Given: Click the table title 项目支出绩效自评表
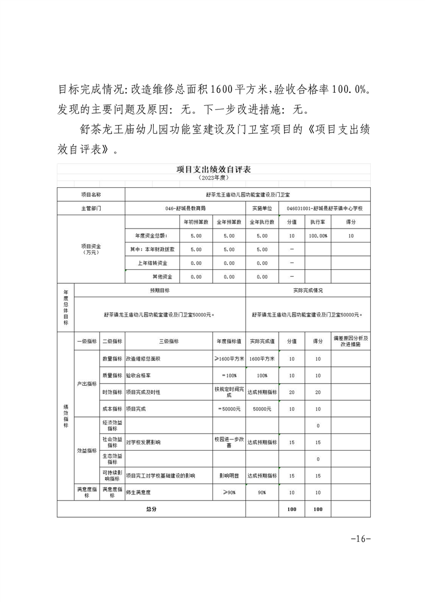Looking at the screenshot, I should click(x=213, y=169).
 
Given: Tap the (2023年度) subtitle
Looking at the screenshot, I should click(x=213, y=178).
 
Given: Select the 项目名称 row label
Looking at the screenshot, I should click(x=91, y=194).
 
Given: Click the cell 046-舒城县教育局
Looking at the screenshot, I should click(x=185, y=208).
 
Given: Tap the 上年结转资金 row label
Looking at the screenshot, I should click(x=153, y=263).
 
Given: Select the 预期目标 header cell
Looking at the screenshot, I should click(x=160, y=290).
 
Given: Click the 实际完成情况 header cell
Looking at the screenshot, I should click(x=308, y=290).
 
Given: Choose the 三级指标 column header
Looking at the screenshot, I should click(x=168, y=341).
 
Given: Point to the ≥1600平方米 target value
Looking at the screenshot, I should click(x=229, y=359).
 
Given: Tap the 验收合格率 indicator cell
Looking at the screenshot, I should click(x=139, y=375).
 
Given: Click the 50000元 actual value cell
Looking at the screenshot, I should click(x=262, y=409).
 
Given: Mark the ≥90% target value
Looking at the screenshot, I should click(x=229, y=492).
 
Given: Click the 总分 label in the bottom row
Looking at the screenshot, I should click(x=151, y=509).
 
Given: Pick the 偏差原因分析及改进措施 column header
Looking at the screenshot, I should click(x=351, y=341).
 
